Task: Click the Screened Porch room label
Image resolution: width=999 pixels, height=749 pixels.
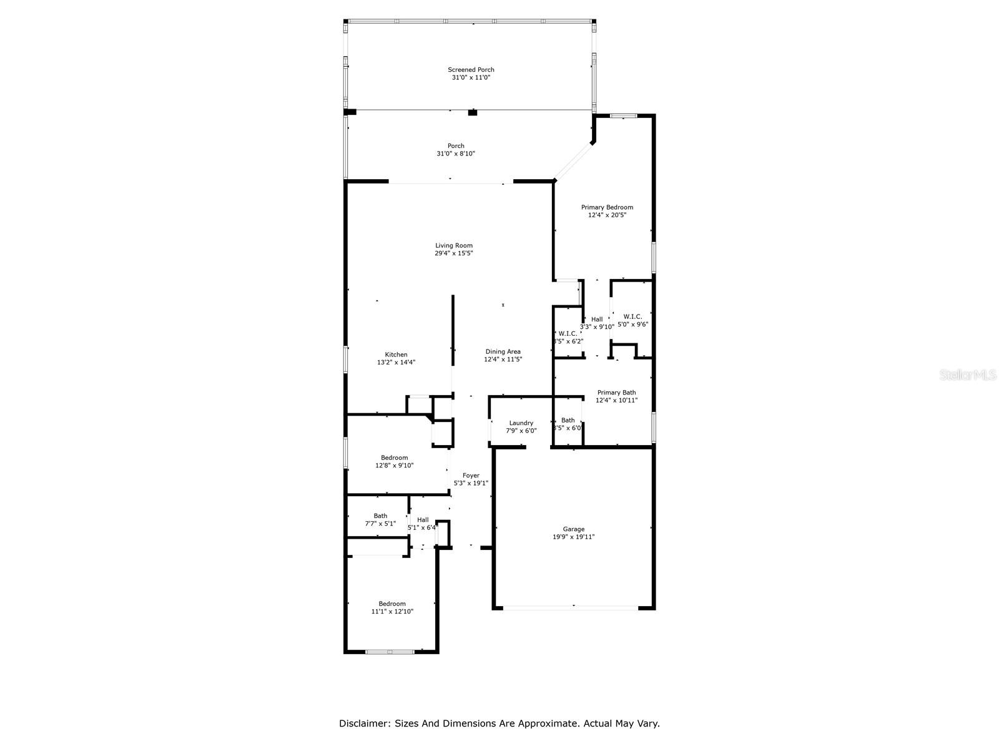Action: [471, 70]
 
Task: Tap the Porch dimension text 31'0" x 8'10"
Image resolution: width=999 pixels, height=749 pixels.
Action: [456, 154]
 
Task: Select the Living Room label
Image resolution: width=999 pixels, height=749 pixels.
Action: [454, 245]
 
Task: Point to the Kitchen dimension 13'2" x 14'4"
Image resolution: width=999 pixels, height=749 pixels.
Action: [396, 362]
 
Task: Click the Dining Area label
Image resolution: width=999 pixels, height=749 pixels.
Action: [503, 351]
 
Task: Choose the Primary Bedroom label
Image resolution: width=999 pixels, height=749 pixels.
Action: [607, 207]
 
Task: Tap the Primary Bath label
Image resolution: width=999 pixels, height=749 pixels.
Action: [616, 393]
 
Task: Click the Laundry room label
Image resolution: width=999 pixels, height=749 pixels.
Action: [521, 423]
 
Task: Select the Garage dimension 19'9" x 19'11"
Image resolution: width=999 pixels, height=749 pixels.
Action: [573, 537]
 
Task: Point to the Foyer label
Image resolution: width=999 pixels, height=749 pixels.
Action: [471, 475]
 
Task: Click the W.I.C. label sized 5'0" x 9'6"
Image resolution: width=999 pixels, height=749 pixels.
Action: [632, 316]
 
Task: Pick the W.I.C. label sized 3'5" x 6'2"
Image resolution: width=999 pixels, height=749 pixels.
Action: [568, 333]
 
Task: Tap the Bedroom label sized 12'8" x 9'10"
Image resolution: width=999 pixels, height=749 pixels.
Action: [394, 458]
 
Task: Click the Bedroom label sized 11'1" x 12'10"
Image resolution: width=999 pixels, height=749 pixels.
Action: [392, 604]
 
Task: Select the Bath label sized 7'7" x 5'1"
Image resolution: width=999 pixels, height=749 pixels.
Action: [380, 516]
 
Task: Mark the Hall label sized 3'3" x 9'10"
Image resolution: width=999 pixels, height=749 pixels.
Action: [597, 319]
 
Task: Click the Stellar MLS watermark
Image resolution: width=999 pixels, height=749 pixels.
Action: [968, 374]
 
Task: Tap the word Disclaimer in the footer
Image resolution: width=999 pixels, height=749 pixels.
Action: [363, 723]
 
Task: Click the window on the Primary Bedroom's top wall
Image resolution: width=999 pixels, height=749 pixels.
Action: [623, 115]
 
